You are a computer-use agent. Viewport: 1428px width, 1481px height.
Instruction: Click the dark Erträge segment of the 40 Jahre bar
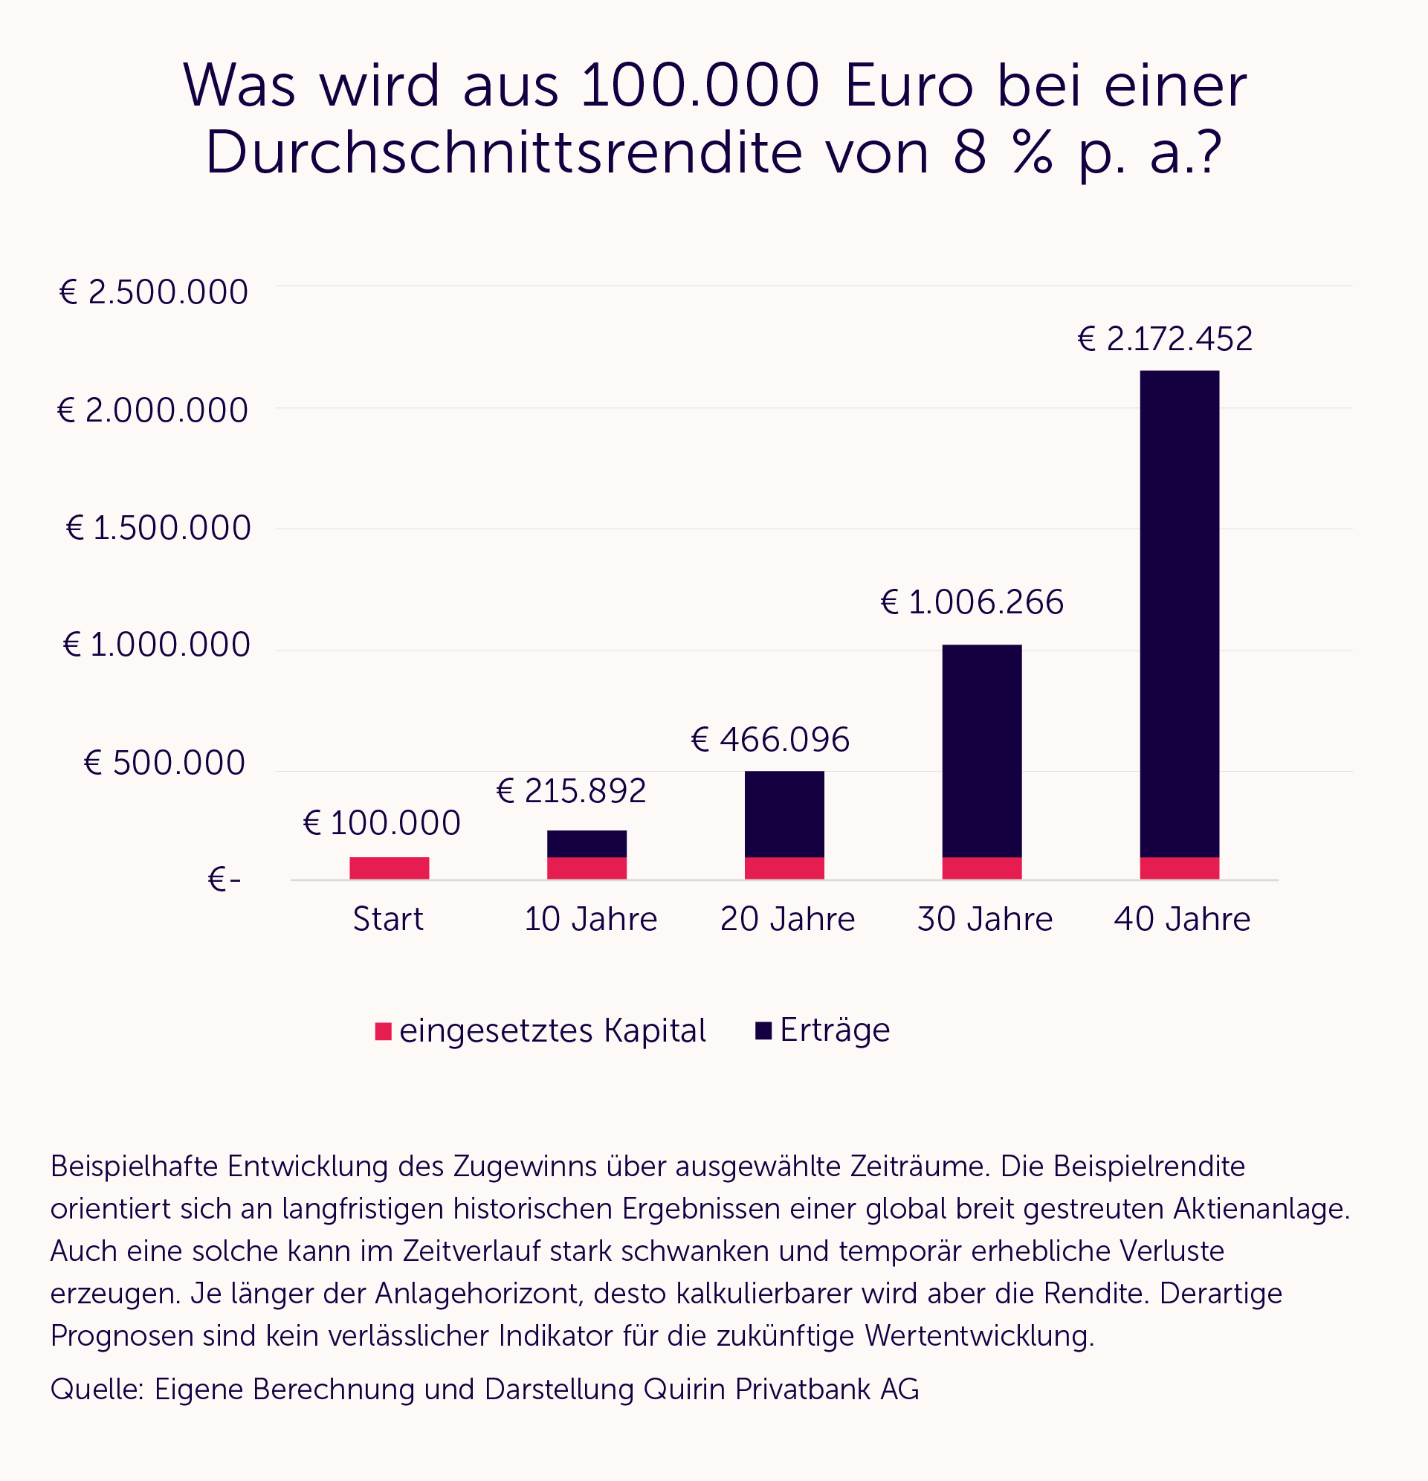click(x=1179, y=612)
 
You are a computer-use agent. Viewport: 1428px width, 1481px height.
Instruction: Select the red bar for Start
click(x=389, y=868)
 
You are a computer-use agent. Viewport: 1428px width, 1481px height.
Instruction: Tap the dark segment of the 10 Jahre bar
click(x=587, y=843)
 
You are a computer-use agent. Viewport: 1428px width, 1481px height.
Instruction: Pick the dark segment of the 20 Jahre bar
click(x=784, y=813)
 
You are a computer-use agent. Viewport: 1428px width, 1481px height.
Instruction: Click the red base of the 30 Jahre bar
click(x=981, y=868)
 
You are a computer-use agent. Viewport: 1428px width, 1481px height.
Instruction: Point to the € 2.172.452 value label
click(x=1164, y=338)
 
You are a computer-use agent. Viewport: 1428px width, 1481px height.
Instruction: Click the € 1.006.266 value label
click(x=972, y=602)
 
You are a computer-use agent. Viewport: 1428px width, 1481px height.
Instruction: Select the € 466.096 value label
click(x=770, y=739)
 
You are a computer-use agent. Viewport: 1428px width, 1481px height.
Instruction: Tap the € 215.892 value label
click(x=571, y=790)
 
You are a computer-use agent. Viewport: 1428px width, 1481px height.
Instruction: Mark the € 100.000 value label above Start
click(x=381, y=823)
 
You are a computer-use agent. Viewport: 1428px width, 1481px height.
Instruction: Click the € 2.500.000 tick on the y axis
click(x=153, y=292)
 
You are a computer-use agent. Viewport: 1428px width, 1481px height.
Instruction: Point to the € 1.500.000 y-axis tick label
click(x=158, y=527)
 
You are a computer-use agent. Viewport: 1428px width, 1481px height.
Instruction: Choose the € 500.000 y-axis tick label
click(x=164, y=762)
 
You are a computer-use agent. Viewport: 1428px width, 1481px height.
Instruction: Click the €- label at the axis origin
click(x=224, y=880)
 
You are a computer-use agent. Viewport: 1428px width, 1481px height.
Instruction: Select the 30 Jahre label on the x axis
click(x=984, y=919)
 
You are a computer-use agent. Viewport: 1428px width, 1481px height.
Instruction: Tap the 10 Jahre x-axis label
click(x=590, y=919)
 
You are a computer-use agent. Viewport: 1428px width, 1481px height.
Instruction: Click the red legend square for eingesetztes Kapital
click(x=383, y=1030)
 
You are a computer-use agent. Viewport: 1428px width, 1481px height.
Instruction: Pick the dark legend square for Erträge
click(x=763, y=1030)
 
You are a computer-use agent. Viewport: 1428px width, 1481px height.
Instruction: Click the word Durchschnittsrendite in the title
click(x=503, y=153)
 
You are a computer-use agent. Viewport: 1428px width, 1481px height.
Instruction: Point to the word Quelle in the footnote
click(x=96, y=1389)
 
